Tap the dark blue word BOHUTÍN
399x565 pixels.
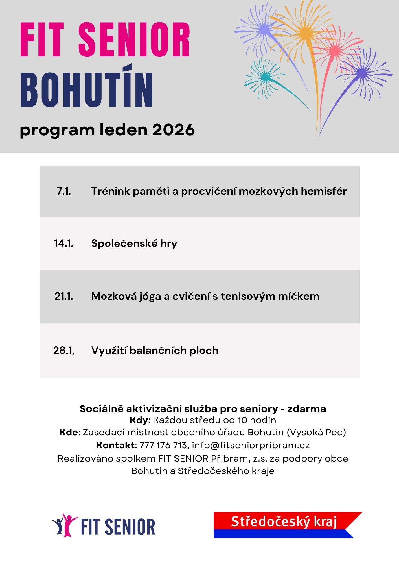[x=87, y=90]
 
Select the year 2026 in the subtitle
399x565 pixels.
[x=174, y=130]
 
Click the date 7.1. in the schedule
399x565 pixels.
[x=64, y=191]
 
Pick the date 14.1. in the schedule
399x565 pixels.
[x=64, y=243]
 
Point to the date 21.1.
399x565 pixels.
[x=64, y=296]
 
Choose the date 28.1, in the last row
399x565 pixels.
[x=64, y=350]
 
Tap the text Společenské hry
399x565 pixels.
[x=134, y=243]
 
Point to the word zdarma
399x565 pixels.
[x=306, y=409]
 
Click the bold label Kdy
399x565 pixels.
[x=139, y=420]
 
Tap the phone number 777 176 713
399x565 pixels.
[x=163, y=445]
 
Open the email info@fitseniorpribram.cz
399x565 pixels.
[x=251, y=445]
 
